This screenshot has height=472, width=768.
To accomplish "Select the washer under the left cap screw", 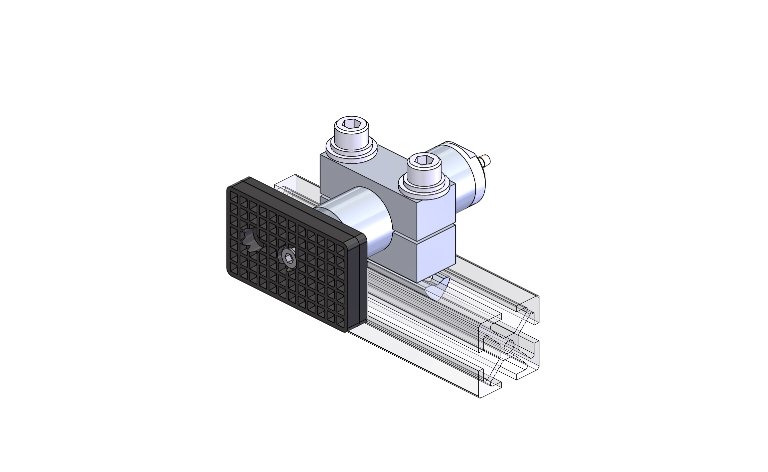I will (350, 149).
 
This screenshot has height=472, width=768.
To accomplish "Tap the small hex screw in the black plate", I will (288, 258).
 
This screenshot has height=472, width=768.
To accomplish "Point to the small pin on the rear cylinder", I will (485, 161).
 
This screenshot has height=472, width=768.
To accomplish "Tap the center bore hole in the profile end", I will (509, 347).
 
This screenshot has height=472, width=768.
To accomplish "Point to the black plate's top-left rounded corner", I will (233, 188).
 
